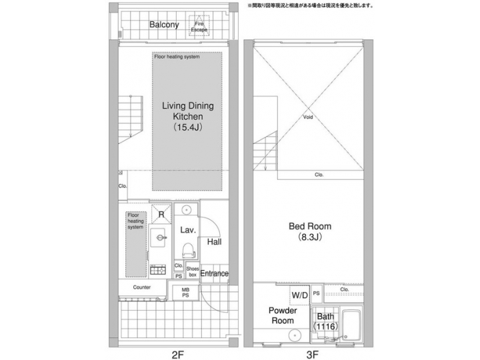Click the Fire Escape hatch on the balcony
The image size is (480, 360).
click(x=199, y=26)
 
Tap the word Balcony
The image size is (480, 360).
click(x=164, y=25)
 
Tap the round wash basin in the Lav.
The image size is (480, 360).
click(x=187, y=211)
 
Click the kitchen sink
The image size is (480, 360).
click(x=159, y=236)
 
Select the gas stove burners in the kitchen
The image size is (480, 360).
click(x=159, y=270)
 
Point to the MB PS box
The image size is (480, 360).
click(x=185, y=293)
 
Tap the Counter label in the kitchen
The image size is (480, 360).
click(x=142, y=287)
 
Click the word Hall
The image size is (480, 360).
click(x=214, y=242)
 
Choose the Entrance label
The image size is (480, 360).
click(x=215, y=273)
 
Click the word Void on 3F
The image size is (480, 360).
click(x=307, y=117)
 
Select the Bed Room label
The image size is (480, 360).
click(x=311, y=231)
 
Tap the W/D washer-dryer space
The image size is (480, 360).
click(x=299, y=294)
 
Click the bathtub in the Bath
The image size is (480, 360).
click(x=351, y=326)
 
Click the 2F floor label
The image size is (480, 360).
click(x=177, y=354)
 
